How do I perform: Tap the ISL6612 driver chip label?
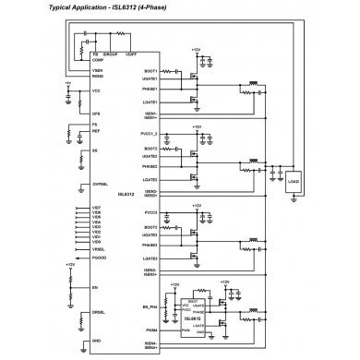pos(184,317)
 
